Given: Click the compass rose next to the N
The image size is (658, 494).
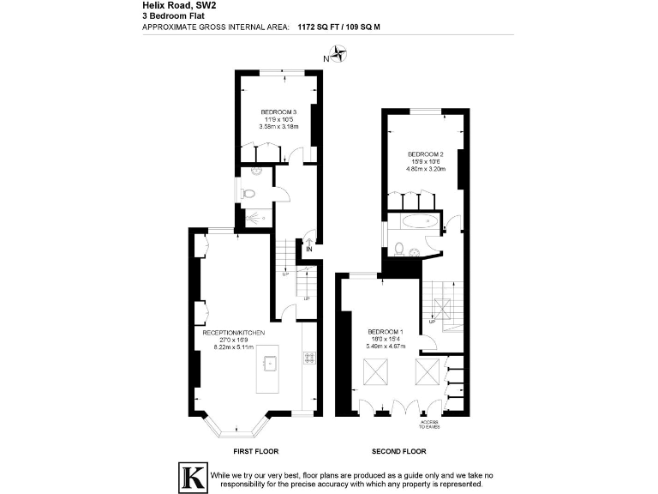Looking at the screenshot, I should [x=340, y=57].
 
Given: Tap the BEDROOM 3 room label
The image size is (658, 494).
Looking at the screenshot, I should [x=278, y=112].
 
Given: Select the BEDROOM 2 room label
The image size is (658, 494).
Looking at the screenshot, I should [x=424, y=154].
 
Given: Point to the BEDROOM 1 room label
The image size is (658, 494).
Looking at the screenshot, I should [x=386, y=332].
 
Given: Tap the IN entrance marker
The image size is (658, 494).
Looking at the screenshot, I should [x=309, y=250].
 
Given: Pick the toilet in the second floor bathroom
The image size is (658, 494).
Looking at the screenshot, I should [x=400, y=248].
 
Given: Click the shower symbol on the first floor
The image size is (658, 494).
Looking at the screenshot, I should [x=254, y=218].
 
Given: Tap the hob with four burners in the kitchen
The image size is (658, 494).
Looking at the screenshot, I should [x=308, y=357].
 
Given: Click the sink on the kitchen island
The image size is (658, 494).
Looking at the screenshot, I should [x=269, y=364].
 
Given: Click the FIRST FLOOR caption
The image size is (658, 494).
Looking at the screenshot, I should [x=255, y=451].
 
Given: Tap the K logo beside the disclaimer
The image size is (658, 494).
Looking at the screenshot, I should [x=191, y=476].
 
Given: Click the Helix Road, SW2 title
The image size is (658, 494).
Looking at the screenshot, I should [x=179, y=6].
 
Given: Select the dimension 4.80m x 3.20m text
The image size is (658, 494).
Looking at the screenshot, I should [x=424, y=169].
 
